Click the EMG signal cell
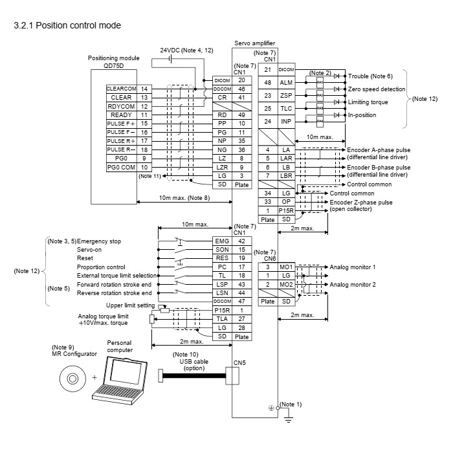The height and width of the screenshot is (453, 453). click(x=221, y=239)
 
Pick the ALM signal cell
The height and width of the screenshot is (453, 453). click(x=285, y=83)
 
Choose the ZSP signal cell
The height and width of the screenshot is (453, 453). click(x=285, y=95)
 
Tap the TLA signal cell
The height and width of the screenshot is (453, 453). click(x=221, y=319)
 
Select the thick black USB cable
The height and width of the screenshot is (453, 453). click(x=194, y=375)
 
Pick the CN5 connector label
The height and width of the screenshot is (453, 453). click(x=240, y=362)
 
